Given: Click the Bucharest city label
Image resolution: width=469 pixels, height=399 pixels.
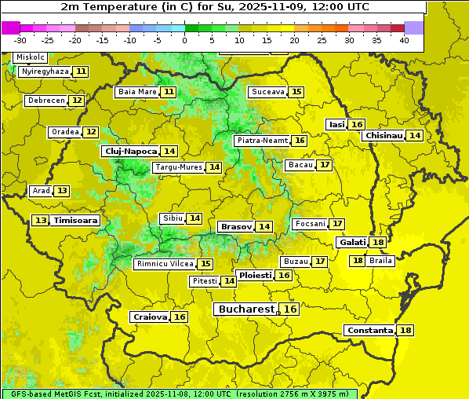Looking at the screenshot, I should (246, 309).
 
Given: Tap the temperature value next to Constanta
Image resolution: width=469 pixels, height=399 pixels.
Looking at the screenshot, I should (406, 331).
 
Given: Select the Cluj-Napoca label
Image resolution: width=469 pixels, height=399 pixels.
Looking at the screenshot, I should (130, 151).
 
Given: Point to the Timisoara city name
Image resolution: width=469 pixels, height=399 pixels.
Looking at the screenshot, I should (75, 221).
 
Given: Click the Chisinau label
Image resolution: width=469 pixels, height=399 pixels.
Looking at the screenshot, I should (384, 135).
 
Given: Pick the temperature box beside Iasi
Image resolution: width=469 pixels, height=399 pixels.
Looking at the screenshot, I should (357, 125).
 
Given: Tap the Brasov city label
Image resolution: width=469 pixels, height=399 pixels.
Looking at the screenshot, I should (235, 226).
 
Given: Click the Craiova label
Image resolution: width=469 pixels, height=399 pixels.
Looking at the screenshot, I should (150, 317).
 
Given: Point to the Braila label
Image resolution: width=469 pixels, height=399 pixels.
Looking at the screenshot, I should (380, 261).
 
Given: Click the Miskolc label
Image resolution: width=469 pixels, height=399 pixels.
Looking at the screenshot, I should (30, 57).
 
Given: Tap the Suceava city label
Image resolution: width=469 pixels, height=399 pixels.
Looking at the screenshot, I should (267, 92).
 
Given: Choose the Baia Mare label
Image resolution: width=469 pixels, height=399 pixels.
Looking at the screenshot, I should (137, 92).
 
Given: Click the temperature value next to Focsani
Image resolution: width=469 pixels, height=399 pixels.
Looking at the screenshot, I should (337, 224).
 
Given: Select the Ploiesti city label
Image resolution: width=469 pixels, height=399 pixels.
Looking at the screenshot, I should (255, 276).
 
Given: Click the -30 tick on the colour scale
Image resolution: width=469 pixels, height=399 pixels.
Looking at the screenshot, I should (20, 40).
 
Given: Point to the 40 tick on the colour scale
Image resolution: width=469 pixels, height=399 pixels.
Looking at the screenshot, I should (404, 40).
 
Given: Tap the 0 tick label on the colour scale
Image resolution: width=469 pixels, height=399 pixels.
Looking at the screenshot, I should (184, 40).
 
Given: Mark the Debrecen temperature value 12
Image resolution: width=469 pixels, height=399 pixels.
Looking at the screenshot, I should (76, 101).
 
